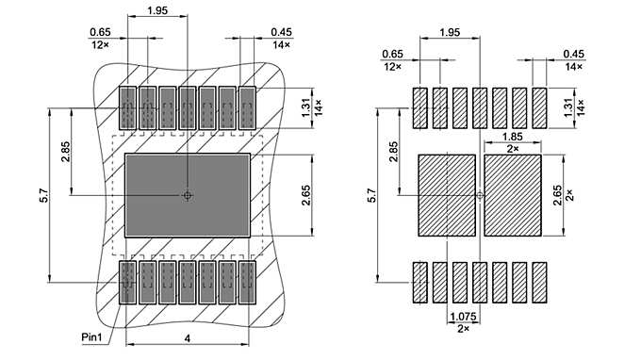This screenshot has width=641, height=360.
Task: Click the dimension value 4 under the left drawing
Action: (188, 338)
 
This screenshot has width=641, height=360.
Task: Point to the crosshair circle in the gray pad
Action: (188, 195)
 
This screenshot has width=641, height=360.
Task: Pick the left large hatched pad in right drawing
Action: (446, 195)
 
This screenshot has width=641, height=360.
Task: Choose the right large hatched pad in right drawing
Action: (512, 195)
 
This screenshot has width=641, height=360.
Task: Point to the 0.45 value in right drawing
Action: (573, 55)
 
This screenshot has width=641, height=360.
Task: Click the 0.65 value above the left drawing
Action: (101, 31)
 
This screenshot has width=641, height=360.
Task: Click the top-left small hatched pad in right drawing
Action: (419, 108)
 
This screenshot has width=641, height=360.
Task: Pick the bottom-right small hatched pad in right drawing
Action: (540, 283)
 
